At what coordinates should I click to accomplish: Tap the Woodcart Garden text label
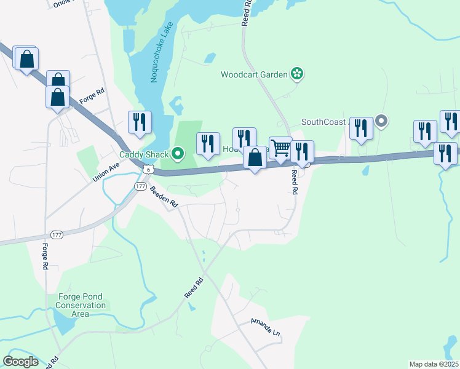click(x=255, y=74)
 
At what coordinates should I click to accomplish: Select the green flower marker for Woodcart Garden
click(x=297, y=74)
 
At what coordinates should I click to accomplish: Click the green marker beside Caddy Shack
click(x=178, y=153)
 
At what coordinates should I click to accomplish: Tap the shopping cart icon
click(x=280, y=148)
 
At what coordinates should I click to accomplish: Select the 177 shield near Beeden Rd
click(x=140, y=185)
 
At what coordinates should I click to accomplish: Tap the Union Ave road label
click(x=105, y=172)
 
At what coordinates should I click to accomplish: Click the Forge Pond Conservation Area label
click(x=81, y=305)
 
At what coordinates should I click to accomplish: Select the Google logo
click(x=21, y=361)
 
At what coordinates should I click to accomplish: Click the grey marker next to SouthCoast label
click(x=381, y=121)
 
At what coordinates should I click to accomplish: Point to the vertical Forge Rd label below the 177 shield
click(x=46, y=257)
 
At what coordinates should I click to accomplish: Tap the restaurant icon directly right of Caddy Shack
click(x=208, y=144)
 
